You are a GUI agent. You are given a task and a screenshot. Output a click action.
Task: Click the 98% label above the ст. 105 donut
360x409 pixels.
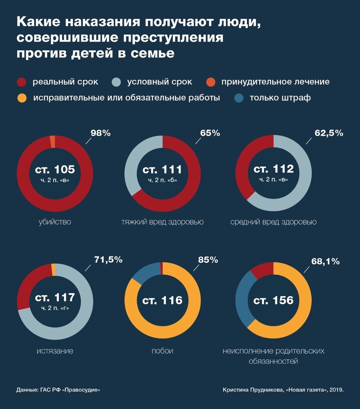point(100,133)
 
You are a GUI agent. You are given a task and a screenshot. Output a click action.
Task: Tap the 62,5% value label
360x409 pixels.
point(329,133)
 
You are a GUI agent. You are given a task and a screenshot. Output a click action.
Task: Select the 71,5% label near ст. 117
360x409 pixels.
point(108,260)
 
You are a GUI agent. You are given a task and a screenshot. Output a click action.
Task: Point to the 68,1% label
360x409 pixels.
point(325,261)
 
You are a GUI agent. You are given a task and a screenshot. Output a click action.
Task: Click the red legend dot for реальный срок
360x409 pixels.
point(21,82)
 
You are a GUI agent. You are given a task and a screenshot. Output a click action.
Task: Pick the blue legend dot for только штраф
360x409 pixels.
point(239,98)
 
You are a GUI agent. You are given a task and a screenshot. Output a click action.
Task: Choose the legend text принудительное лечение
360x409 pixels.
point(275,82)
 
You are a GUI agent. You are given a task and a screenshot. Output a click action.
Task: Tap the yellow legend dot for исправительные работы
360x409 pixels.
point(21,98)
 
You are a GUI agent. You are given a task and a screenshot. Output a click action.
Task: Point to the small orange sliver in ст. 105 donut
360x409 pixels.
point(52,141)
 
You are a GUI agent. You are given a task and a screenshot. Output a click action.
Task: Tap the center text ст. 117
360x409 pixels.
point(55,298)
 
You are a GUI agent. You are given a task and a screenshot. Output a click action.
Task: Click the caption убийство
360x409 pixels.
point(55,222)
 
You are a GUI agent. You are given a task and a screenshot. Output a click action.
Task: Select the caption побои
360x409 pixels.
point(162,351)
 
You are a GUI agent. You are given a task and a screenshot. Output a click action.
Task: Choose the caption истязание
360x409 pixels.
point(55,351)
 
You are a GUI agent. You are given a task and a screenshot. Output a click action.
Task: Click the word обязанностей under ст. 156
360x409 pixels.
point(273,361)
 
